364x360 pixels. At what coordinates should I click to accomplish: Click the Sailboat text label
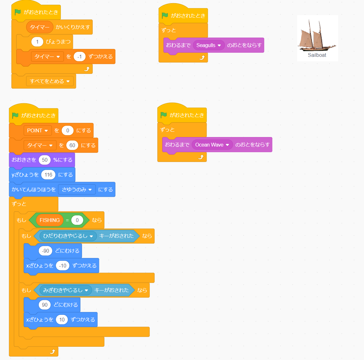(317, 55)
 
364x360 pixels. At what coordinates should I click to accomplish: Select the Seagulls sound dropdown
(208, 45)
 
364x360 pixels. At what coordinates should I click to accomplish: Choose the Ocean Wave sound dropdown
(212, 145)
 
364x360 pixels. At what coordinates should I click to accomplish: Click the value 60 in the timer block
(72, 145)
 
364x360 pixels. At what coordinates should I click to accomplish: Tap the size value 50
(45, 160)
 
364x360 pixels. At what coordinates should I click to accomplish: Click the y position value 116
(48, 175)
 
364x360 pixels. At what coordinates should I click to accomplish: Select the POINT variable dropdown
(38, 130)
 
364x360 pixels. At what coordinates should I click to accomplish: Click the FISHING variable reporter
(50, 220)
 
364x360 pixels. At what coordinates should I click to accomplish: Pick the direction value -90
(45, 251)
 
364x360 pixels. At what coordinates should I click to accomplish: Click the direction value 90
(45, 305)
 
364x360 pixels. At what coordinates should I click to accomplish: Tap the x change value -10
(62, 266)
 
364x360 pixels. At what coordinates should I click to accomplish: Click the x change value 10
(62, 320)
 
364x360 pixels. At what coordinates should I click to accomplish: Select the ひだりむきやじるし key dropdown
(68, 236)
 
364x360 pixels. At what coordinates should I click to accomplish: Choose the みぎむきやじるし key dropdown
(66, 290)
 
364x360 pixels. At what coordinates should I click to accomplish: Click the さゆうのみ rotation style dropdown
(77, 189)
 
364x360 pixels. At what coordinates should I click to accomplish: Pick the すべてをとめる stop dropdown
(50, 81)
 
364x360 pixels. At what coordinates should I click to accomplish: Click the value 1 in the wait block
(37, 42)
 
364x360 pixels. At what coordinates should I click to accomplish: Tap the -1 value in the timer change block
(79, 57)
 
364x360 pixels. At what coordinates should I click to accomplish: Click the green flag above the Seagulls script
(165, 15)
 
